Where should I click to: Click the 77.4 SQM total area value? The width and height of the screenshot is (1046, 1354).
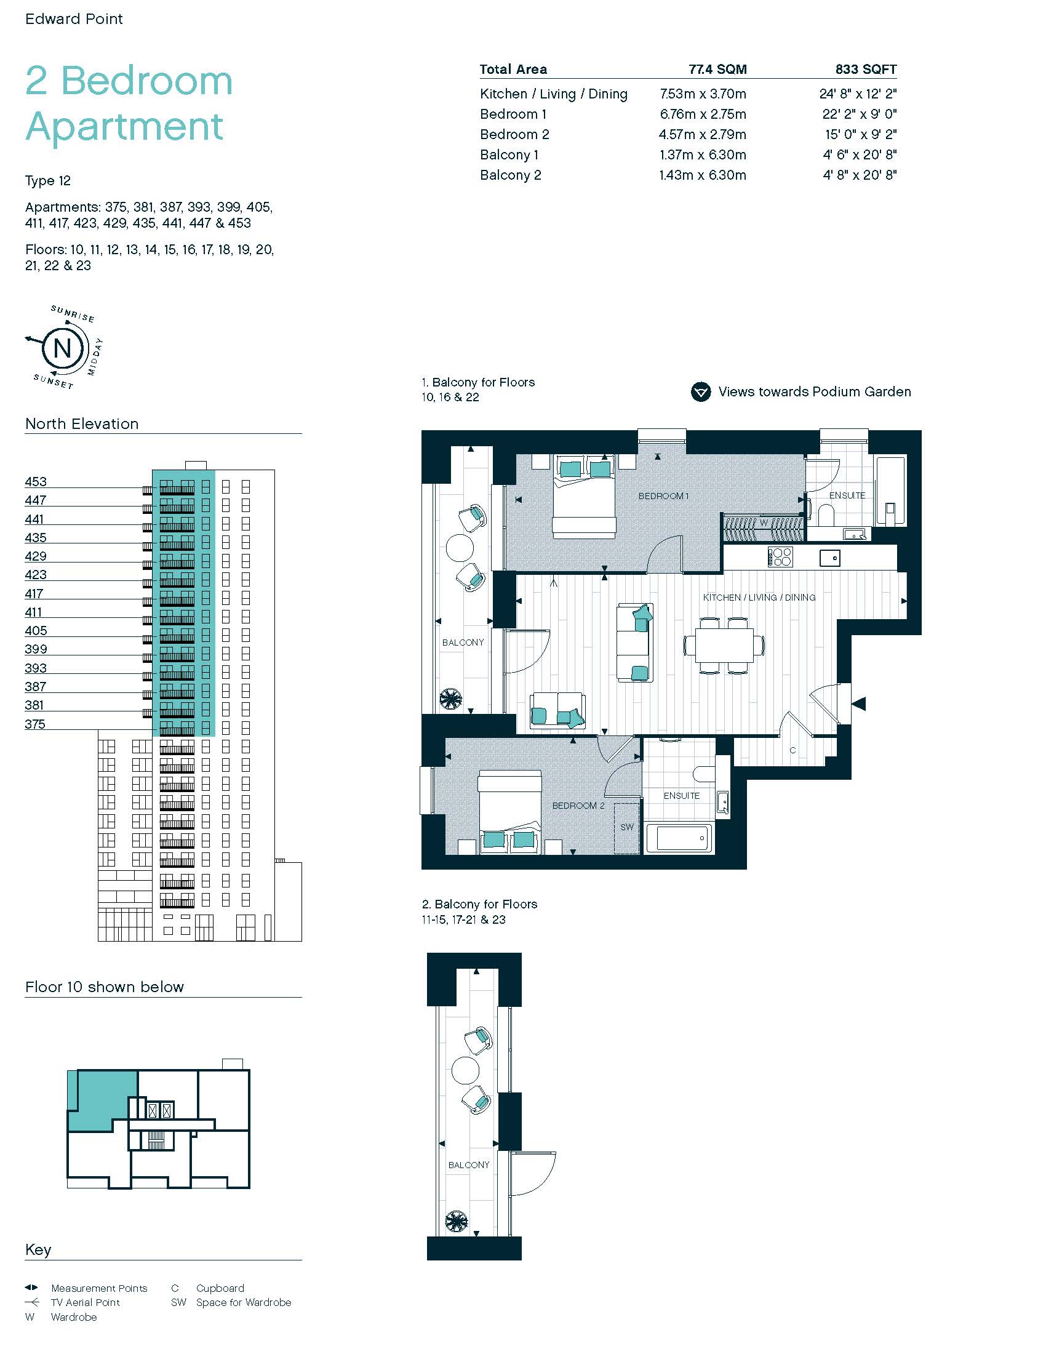pos(717,70)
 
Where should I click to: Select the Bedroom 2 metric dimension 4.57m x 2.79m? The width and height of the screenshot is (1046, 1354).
pos(702,135)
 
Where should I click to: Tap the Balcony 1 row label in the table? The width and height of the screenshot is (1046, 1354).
pos(509,155)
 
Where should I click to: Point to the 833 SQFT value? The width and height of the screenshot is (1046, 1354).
pos(866,70)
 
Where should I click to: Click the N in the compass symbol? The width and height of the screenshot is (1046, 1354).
pos(62,348)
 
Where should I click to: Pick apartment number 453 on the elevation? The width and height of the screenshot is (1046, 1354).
pos(36,482)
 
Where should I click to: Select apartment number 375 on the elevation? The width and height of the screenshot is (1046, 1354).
pos(35,724)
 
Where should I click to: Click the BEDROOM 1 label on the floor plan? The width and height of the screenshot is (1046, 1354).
pos(664,496)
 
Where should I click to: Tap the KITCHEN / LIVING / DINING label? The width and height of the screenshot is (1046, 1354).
pos(759,598)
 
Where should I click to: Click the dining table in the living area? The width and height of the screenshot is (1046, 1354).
pos(724,646)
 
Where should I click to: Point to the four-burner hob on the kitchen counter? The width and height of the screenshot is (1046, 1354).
pos(780,557)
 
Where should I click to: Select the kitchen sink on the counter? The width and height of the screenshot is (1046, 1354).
pos(830,558)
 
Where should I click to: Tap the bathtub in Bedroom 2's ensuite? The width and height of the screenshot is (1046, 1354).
pos(679,838)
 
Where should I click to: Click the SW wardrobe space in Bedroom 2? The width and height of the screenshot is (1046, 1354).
pos(627,828)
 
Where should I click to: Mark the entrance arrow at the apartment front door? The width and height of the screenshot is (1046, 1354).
pos(859,703)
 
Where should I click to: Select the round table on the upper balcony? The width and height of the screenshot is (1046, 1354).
pos(459,547)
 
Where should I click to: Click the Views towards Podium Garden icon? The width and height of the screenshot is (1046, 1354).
pos(701,392)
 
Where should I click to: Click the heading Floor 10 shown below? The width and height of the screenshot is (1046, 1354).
pos(105,987)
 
